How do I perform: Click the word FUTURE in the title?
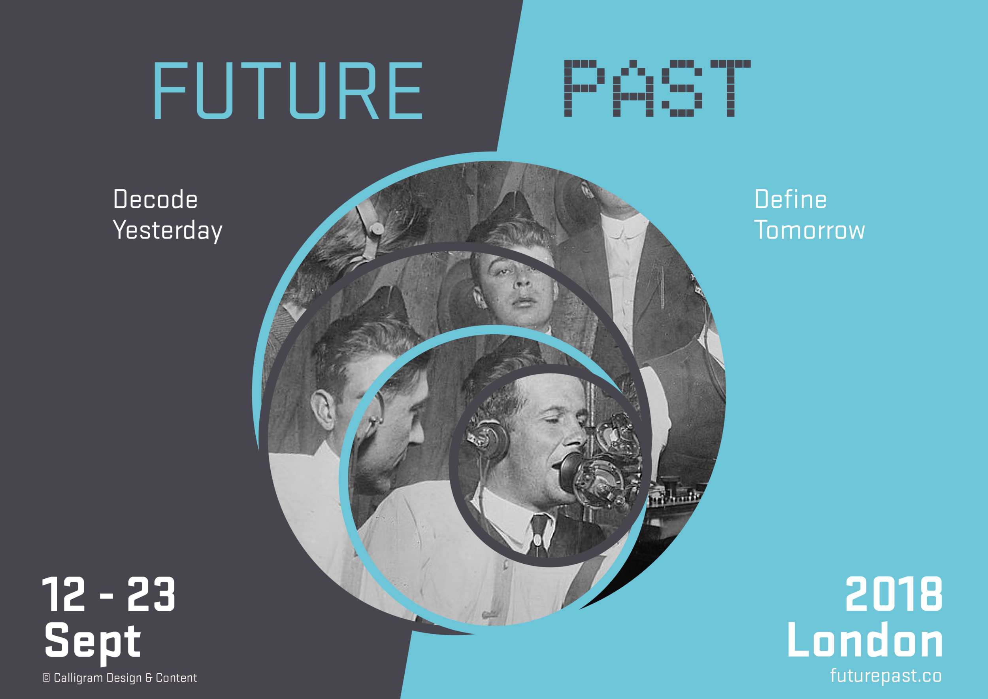tap(288, 91)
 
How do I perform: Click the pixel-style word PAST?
tap(657, 89)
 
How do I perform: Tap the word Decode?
tap(155, 199)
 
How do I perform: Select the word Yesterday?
tap(168, 230)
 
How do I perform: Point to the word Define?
tap(790, 199)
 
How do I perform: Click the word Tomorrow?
tap(809, 230)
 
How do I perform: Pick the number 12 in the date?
tap(64, 595)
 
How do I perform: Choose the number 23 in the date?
tap(151, 595)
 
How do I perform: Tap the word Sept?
tap(92, 642)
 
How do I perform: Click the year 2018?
tap(894, 595)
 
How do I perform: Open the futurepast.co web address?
tap(886, 676)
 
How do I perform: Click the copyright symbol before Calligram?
tap(47, 678)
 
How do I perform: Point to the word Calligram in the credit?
tap(78, 678)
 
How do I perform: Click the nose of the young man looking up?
tap(522, 282)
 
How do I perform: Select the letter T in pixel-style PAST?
tap(730, 89)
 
